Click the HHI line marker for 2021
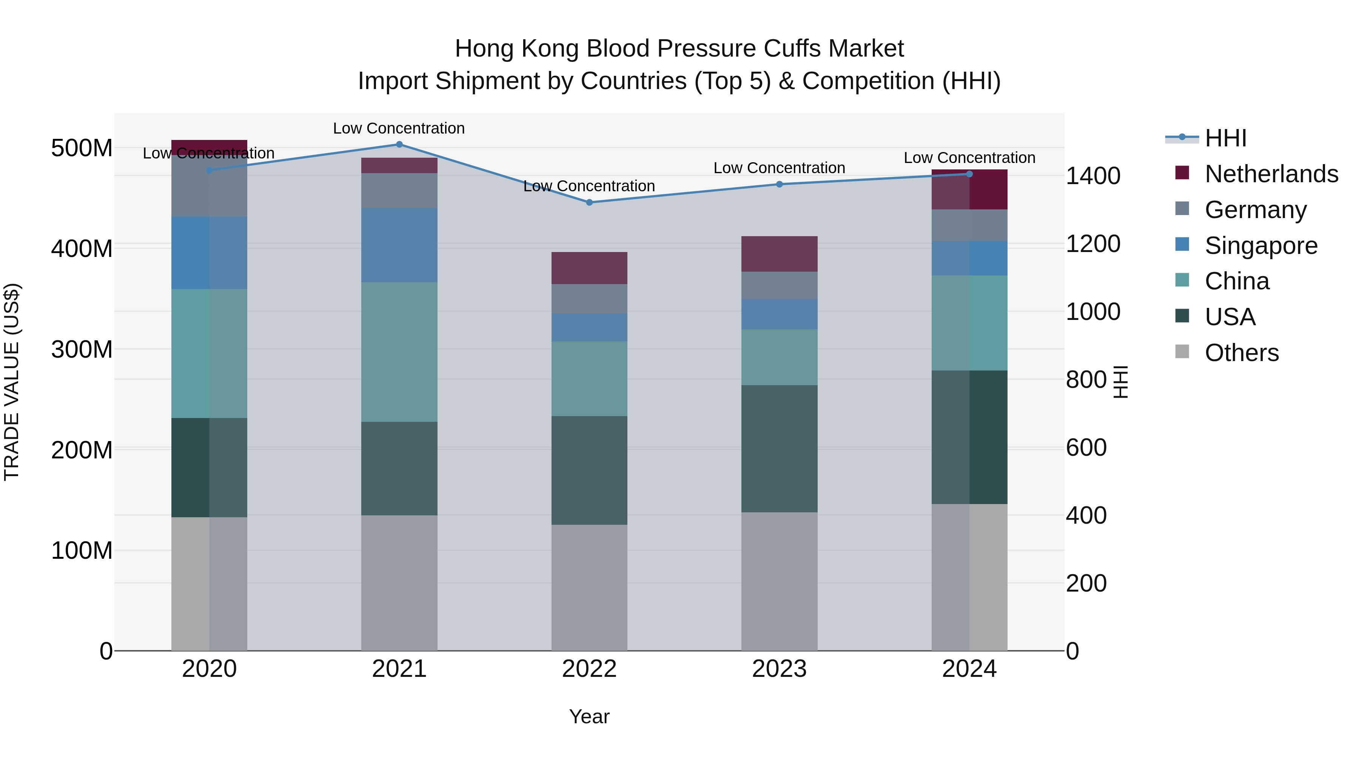399,144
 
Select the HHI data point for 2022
589,203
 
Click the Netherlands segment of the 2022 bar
589,268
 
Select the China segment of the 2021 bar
399,352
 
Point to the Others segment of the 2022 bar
589,587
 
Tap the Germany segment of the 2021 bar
399,191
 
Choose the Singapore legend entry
1261,246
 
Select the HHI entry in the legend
1225,138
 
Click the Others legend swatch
1182,352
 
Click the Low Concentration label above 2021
399,128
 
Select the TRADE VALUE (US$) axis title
12,382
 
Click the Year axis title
589,716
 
